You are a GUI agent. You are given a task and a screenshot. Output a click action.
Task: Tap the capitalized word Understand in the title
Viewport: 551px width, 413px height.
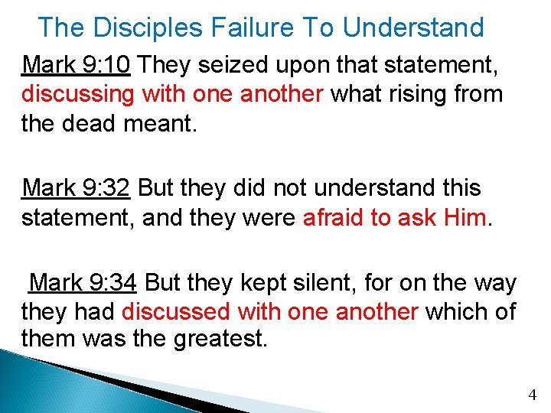point(413,28)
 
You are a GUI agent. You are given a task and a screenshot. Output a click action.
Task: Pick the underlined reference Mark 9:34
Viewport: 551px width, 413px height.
point(83,284)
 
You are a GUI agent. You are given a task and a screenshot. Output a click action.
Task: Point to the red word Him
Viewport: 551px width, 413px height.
point(465,217)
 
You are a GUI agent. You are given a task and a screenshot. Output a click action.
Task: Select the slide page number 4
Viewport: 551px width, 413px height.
point(533,395)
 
